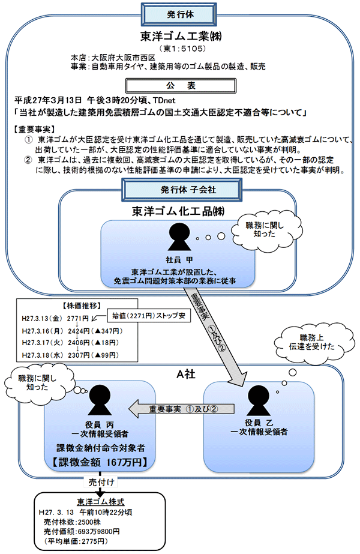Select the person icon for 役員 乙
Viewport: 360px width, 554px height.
click(259, 400)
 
